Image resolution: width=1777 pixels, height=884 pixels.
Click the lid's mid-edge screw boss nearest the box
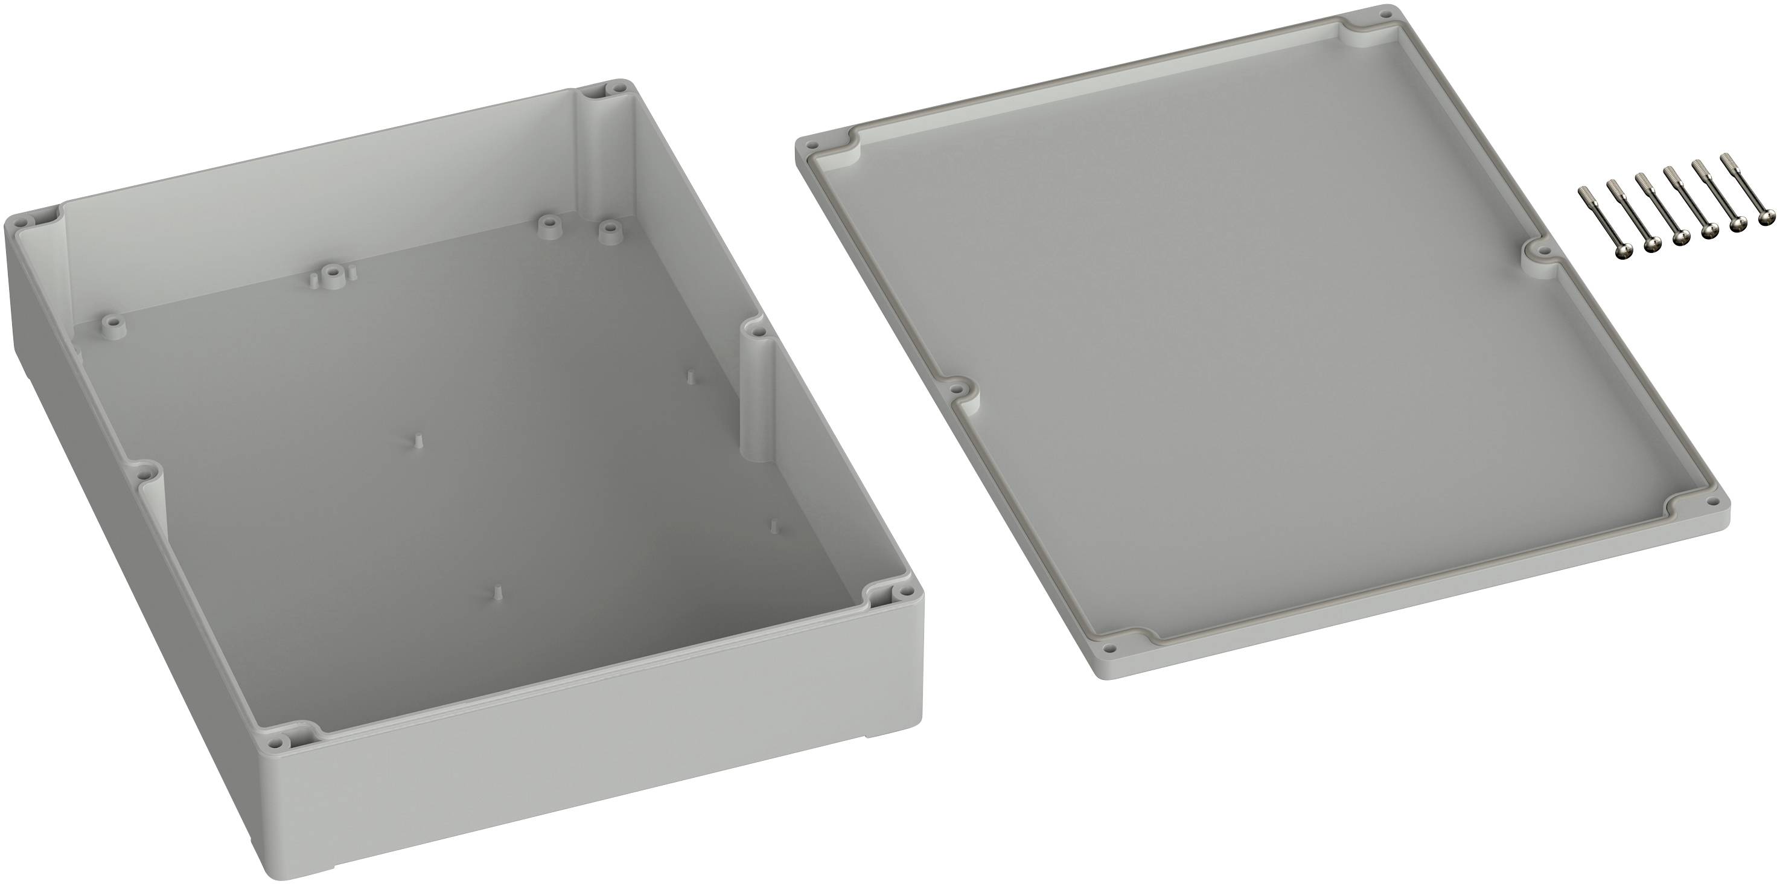pos(957,388)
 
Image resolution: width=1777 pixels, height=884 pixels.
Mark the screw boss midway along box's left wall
pos(144,475)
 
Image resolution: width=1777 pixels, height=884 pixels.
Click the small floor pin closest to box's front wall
pos(496,591)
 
